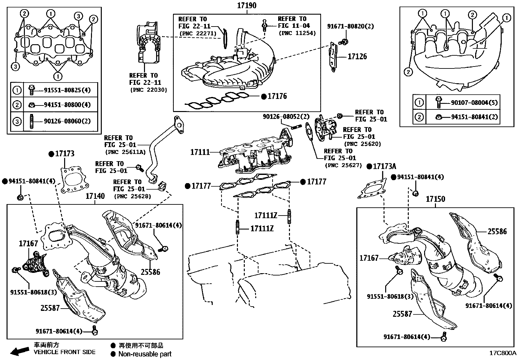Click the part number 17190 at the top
(247, 6)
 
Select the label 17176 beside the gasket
(277, 96)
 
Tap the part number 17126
(357, 56)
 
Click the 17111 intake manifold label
(200, 152)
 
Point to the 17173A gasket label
(384, 166)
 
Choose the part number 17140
(95, 196)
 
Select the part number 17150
(435, 199)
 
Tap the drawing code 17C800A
(503, 353)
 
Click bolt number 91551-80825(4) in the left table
(67, 90)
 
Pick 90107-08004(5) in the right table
(474, 103)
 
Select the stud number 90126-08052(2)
(286, 117)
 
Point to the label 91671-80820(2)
(350, 26)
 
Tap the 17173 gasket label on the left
(64, 154)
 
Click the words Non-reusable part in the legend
(145, 354)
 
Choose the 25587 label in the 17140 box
(50, 308)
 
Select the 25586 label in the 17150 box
(497, 232)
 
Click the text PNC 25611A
(125, 152)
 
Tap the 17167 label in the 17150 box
(369, 258)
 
